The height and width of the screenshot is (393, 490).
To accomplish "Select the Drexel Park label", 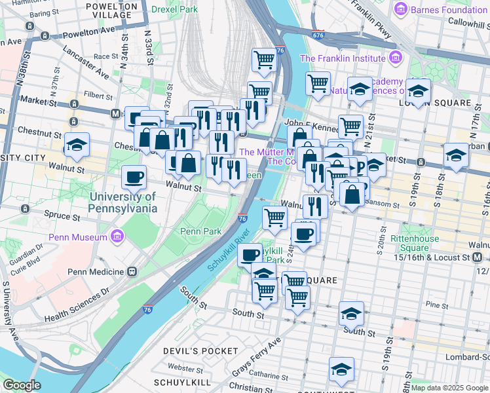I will click(x=174, y=9).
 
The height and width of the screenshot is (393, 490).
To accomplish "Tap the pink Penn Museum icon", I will click(x=118, y=235).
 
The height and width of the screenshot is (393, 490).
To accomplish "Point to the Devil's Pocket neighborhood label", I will click(x=200, y=351).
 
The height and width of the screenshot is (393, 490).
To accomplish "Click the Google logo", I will click(x=22, y=385).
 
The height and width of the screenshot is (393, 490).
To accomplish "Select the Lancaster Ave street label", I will click(x=85, y=62).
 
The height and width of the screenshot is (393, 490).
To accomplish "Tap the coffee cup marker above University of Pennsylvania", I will click(x=134, y=177).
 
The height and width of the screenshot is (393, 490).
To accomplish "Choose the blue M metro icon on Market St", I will click(x=115, y=113).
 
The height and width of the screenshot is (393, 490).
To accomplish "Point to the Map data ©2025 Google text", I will click(x=449, y=388).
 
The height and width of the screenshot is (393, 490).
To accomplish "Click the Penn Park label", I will click(x=201, y=231).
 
